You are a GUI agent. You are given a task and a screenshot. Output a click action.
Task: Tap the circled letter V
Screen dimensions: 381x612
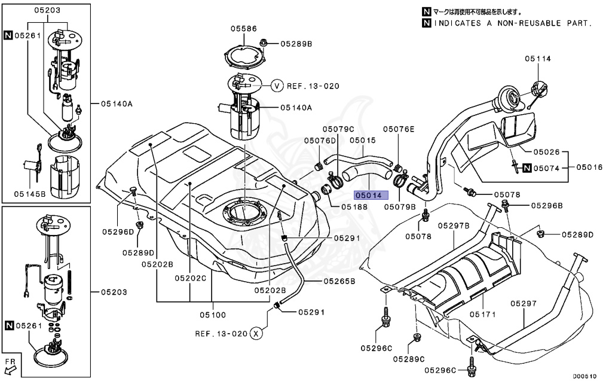pyautogui.click(x=277, y=86)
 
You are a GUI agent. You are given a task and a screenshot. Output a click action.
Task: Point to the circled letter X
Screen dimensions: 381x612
pyautogui.click(x=256, y=333)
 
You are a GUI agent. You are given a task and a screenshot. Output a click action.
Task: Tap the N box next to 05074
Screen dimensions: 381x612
pyautogui.click(x=527, y=168)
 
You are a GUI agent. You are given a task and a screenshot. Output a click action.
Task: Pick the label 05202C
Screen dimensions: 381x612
pyautogui.click(x=190, y=278)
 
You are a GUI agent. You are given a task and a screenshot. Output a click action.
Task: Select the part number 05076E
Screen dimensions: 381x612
pyautogui.click(x=399, y=129)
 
